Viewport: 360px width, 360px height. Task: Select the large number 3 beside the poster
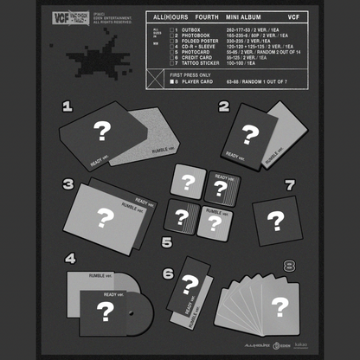click(x=67, y=184)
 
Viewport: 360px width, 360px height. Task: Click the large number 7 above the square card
click(x=290, y=185)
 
